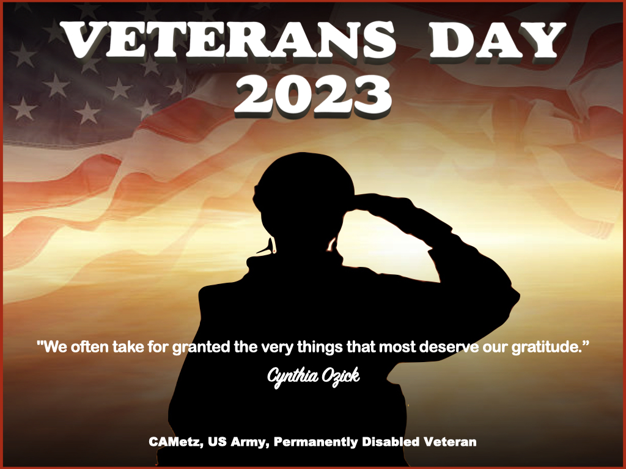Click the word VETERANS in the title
click(x=228, y=40)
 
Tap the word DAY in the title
click(x=498, y=40)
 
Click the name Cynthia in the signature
click(x=293, y=376)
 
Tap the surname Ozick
click(x=341, y=376)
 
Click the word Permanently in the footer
click(x=315, y=442)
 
